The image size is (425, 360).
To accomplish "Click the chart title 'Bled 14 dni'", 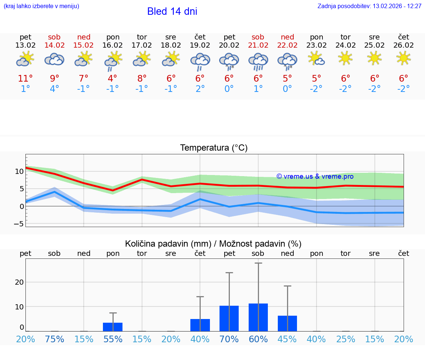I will (x=172, y=11).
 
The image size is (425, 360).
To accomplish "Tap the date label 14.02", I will (x=55, y=45).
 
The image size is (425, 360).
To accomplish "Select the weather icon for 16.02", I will (x=113, y=61).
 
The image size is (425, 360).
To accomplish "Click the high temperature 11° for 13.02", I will (x=25, y=79).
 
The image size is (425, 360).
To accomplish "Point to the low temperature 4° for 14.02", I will (x=55, y=89).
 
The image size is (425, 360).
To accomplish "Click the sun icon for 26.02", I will (x=404, y=58).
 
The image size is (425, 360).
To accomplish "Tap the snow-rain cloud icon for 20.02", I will (x=229, y=61).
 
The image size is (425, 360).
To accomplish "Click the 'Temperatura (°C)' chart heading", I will (x=214, y=148).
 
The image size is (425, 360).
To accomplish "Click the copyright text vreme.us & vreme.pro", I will (x=315, y=176).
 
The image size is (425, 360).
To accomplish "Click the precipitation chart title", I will (x=213, y=244).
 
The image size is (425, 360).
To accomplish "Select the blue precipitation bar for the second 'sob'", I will (x=258, y=317).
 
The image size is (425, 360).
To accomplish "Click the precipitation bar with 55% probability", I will (x=113, y=327).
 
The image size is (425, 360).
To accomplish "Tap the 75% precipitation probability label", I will (x=55, y=339).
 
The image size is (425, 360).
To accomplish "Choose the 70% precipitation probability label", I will (x=229, y=339).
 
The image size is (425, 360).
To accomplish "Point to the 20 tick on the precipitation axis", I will (x=19, y=282).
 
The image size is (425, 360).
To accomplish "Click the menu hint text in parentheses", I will (x=41, y=6).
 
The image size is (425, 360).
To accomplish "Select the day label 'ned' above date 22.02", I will (x=287, y=37).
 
